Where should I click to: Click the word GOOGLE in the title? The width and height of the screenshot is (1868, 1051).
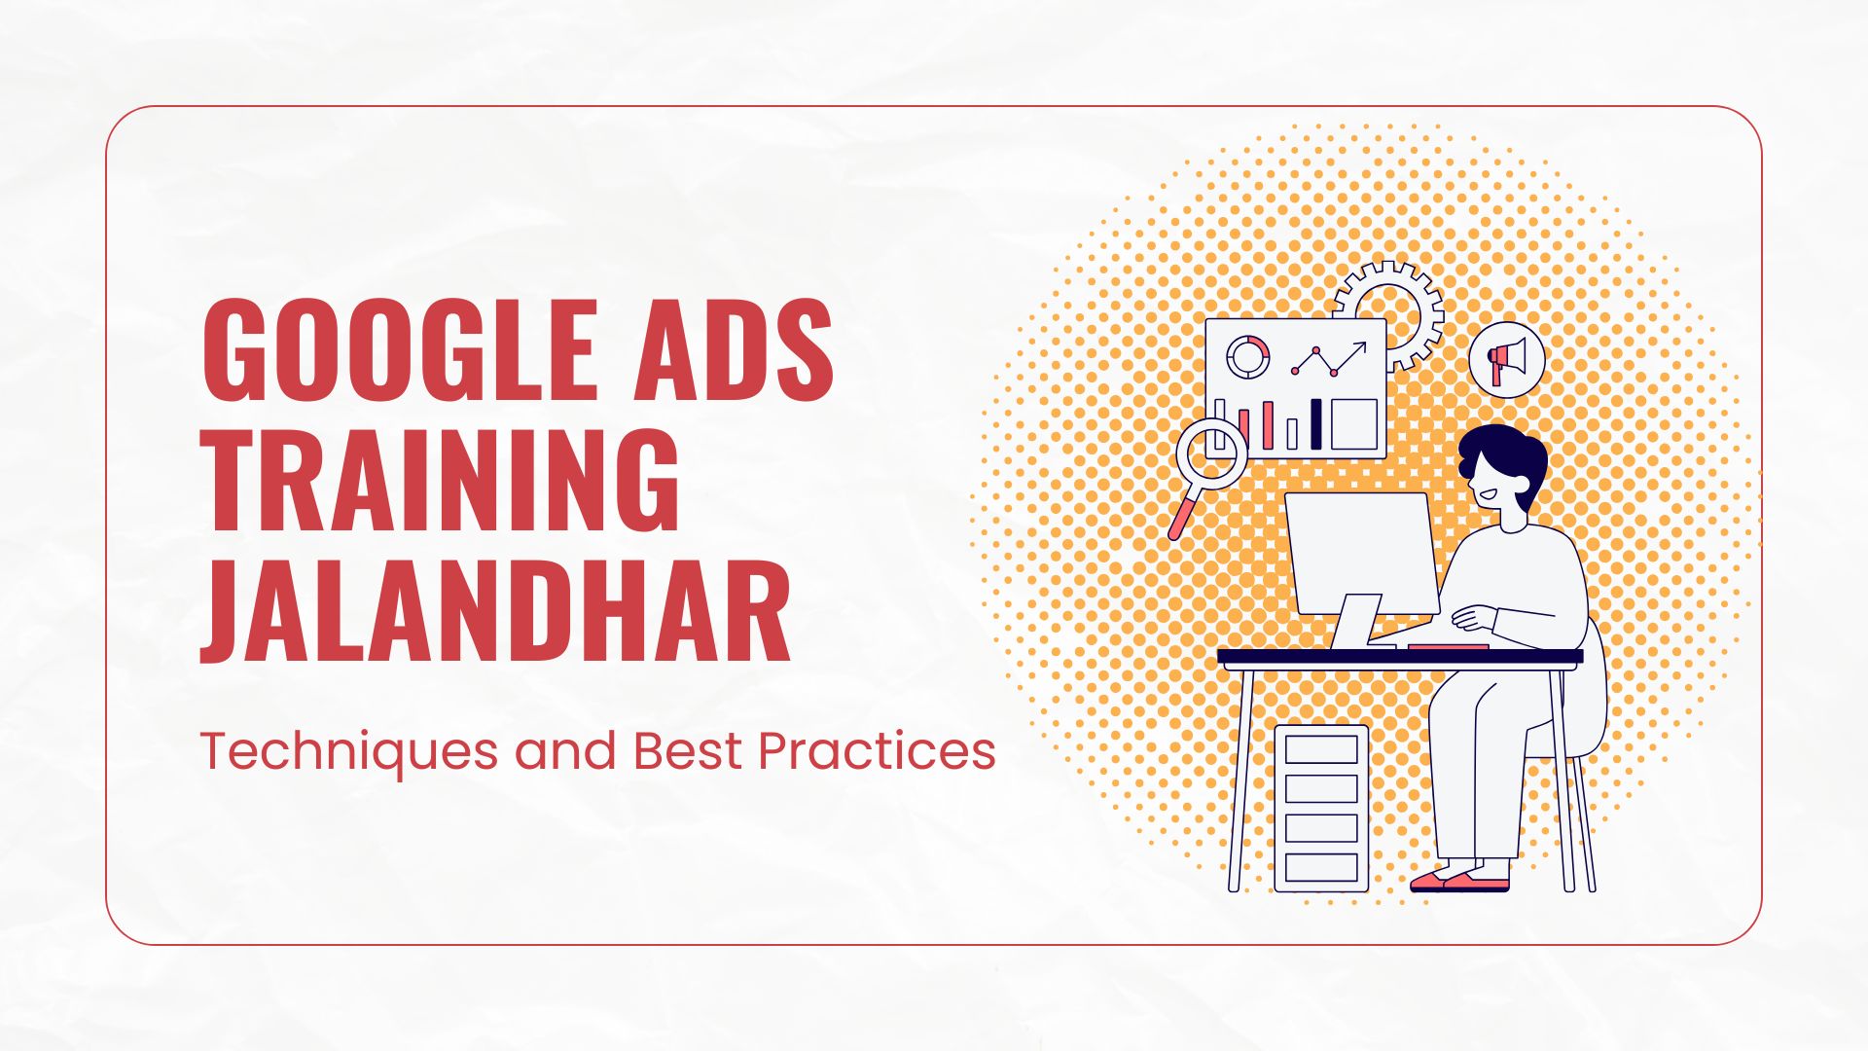click(399, 351)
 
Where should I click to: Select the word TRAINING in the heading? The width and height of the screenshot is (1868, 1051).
click(440, 481)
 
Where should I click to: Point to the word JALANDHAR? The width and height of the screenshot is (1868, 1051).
click(495, 614)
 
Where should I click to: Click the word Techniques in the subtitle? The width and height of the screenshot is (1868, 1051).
click(346, 752)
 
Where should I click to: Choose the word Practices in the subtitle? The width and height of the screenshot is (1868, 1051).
click(877, 751)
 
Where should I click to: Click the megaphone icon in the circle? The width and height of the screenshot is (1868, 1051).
click(1506, 360)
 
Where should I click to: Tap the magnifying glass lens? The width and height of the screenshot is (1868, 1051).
click(1211, 453)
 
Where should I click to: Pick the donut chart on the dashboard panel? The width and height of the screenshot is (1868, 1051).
click(1247, 357)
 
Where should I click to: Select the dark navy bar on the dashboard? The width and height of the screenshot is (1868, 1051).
click(1316, 423)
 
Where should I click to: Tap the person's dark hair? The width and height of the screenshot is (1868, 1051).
click(1503, 453)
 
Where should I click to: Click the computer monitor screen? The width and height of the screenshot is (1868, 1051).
click(1362, 551)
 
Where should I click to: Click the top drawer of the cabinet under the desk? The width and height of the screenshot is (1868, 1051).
click(1321, 749)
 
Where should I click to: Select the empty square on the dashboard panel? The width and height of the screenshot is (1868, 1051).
click(1354, 423)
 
